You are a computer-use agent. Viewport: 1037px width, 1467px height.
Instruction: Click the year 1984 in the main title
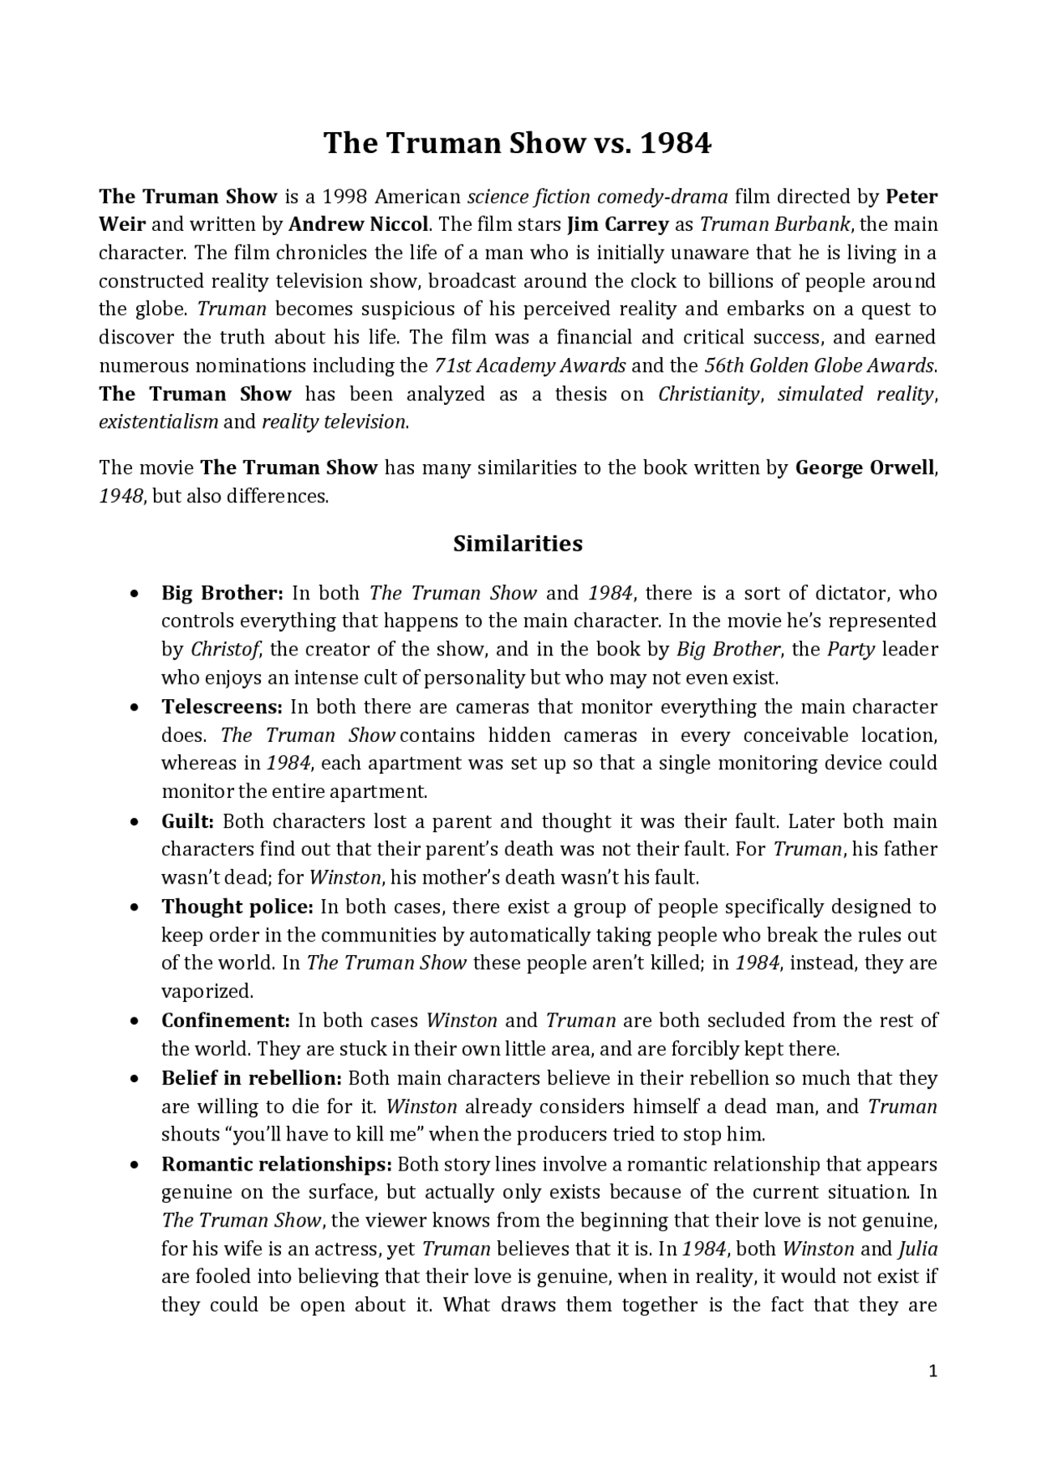(676, 143)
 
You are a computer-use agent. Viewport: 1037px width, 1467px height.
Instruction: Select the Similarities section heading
(518, 544)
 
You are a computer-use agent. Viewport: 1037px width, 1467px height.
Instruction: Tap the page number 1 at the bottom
(932, 1371)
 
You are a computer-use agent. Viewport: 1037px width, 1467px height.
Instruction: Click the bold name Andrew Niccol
(358, 224)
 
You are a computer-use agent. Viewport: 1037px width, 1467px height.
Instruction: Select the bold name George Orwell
(864, 467)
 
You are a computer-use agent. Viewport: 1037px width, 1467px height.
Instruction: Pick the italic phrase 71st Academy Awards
(530, 365)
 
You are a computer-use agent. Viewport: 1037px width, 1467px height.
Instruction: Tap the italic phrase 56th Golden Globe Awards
(820, 365)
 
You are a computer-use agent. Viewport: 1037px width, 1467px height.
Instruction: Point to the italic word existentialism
(159, 422)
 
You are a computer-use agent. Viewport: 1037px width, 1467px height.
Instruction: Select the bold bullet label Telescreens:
(222, 706)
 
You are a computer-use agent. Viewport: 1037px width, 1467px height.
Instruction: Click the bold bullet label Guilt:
(188, 821)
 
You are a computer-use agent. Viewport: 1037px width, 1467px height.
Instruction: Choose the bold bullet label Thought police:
(237, 906)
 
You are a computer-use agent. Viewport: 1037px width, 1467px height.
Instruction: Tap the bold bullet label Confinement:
(226, 1021)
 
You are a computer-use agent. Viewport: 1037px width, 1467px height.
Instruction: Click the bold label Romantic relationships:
(277, 1164)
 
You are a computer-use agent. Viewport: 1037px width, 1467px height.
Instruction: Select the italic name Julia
(918, 1248)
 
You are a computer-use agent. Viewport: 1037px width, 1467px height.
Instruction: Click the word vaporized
(207, 992)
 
